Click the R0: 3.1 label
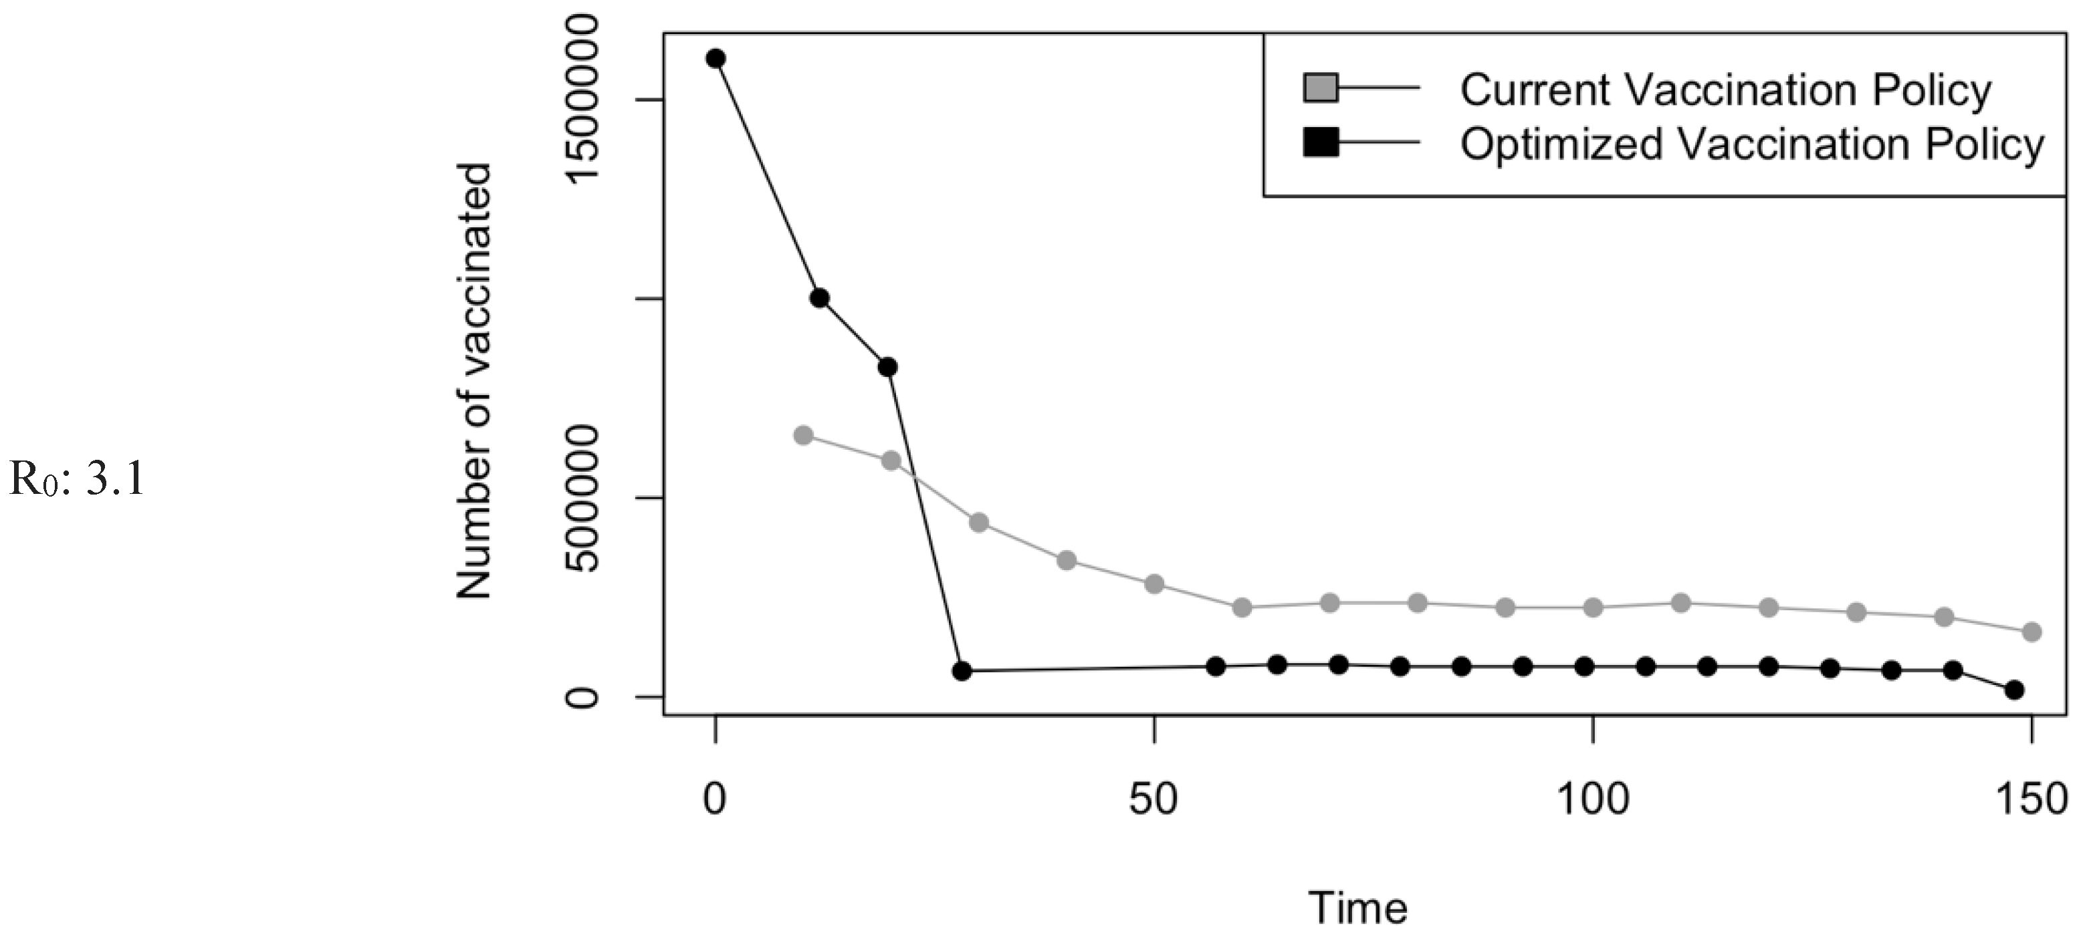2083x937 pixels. [x=77, y=479]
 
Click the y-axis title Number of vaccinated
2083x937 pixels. [x=474, y=382]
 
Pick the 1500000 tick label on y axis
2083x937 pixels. [x=582, y=100]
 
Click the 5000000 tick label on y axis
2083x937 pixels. [x=582, y=499]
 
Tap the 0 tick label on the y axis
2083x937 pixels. [x=582, y=697]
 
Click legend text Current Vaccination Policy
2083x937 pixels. [x=1725, y=90]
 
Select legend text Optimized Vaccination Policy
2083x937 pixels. [x=1751, y=145]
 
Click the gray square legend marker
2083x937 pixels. [x=1321, y=88]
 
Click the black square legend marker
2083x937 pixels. [x=1321, y=143]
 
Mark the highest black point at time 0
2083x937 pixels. [x=716, y=58]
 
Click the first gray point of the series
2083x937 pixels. [x=803, y=435]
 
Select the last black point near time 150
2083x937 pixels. [x=2014, y=690]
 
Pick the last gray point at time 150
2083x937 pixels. [x=2032, y=632]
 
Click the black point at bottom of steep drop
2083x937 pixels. [x=962, y=671]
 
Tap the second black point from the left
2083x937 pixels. [x=819, y=298]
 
